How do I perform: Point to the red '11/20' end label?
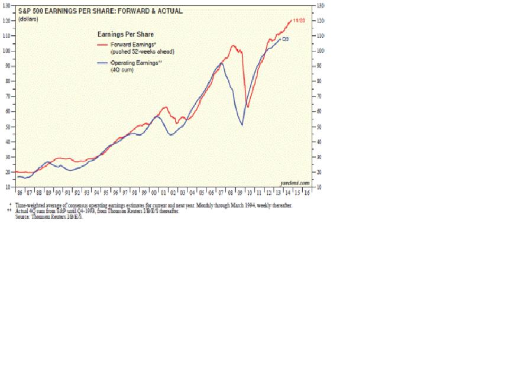tap(299, 21)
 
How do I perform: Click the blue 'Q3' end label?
tap(285, 39)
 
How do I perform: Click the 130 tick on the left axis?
tap(8, 5)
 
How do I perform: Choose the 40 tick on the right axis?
tap(321, 142)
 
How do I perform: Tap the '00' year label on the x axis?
tap(154, 193)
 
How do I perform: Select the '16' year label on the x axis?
tap(306, 193)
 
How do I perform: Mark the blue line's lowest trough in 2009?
tap(242, 125)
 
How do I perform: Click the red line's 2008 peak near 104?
tap(232, 46)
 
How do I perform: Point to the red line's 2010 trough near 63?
tap(248, 107)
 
